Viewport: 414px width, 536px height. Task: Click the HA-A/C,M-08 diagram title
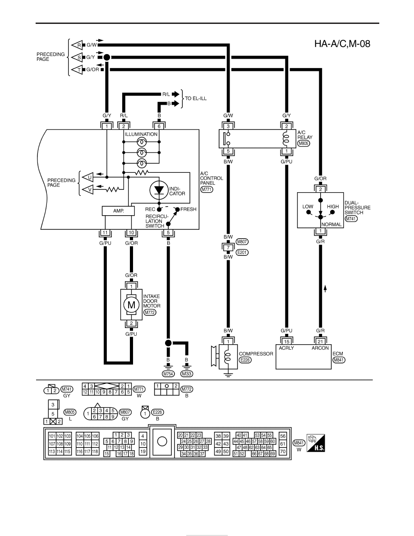(x=342, y=44)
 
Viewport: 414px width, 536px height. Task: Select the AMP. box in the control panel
(x=118, y=211)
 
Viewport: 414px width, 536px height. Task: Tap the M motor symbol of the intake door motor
(x=131, y=305)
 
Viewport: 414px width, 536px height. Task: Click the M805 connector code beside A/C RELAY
(x=304, y=143)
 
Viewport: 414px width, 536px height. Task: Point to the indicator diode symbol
(x=159, y=190)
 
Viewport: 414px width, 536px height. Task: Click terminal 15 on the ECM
(x=286, y=342)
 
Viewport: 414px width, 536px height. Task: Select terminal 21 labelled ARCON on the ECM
(x=320, y=342)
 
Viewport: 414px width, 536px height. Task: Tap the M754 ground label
(x=168, y=374)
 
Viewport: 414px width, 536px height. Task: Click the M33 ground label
(x=187, y=374)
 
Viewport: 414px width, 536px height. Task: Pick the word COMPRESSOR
(x=256, y=354)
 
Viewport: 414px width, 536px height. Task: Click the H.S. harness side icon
(x=316, y=444)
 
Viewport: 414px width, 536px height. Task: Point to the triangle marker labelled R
(x=77, y=45)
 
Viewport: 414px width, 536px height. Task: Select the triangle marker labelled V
(x=88, y=189)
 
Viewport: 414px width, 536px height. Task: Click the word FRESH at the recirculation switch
(x=188, y=209)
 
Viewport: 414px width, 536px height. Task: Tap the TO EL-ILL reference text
(x=196, y=98)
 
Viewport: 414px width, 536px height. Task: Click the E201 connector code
(x=242, y=253)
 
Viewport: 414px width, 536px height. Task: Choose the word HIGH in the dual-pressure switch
(x=333, y=207)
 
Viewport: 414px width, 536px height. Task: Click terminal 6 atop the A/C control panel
(x=159, y=126)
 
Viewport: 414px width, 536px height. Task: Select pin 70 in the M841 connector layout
(x=283, y=451)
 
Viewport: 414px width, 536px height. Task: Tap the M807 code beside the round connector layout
(x=125, y=412)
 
